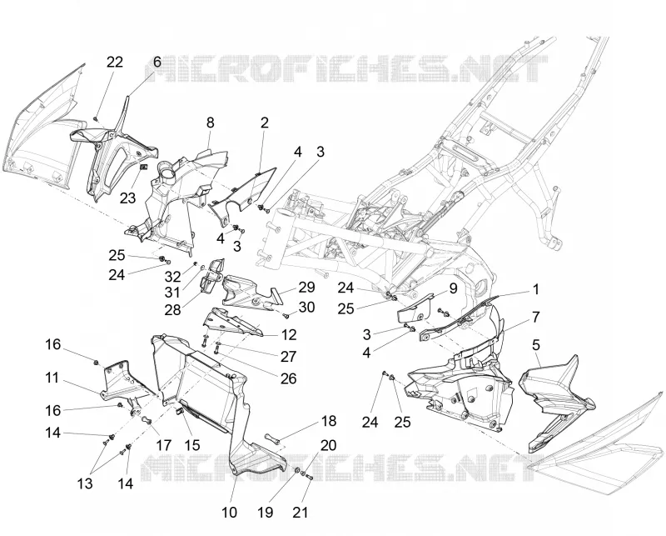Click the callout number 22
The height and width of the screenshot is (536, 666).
coord(115,63)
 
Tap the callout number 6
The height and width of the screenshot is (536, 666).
coord(157,63)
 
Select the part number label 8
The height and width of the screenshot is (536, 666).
coord(210,123)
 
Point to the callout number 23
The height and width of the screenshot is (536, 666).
coord(127,198)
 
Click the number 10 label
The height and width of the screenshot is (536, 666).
coord(230,512)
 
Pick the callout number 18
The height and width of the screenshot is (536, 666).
coord(329,421)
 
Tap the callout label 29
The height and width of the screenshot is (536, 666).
coord(306,287)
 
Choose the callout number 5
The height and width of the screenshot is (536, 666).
coord(536,345)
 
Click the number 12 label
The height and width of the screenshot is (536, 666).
coord(289,335)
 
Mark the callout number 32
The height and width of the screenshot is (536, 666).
coord(173,277)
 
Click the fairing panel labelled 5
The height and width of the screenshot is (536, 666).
coord(555,402)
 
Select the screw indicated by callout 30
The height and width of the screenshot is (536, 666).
coord(286,316)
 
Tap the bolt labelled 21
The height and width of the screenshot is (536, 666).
coord(309,478)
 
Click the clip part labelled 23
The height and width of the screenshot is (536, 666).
coord(143,167)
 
